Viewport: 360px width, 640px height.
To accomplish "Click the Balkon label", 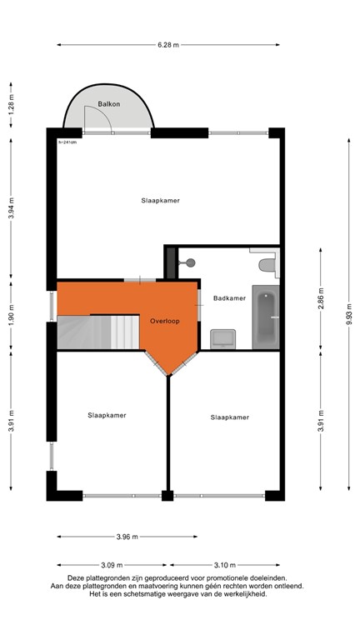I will (x=108, y=104).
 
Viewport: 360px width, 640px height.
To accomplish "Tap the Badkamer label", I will (x=229, y=297).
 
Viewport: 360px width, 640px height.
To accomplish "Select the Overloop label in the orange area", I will (x=166, y=321).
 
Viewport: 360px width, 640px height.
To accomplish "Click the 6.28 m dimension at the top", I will (x=169, y=45).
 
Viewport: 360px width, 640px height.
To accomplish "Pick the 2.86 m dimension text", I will (x=320, y=297).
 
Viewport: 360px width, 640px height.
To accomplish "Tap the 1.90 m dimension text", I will (x=11, y=316).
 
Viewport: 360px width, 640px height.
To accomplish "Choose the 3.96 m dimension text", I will (x=127, y=536).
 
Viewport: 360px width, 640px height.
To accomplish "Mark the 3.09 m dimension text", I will (x=111, y=563).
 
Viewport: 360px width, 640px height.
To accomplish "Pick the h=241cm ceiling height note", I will (x=67, y=142).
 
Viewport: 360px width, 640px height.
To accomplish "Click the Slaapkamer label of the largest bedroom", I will (x=161, y=201).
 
